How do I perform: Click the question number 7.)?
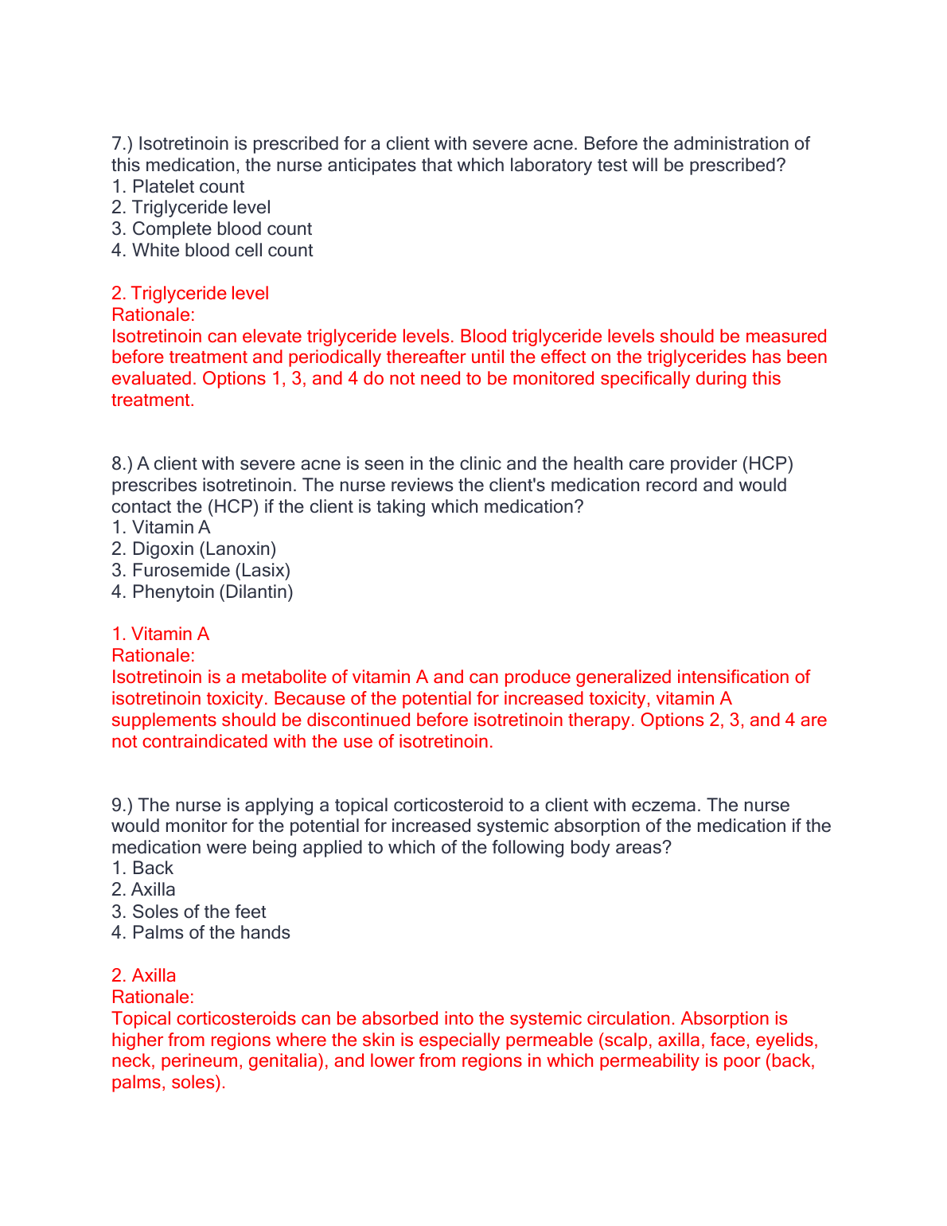(x=123, y=144)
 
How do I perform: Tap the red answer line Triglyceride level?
(x=190, y=294)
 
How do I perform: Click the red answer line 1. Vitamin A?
(x=161, y=634)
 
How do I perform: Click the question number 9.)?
(x=123, y=806)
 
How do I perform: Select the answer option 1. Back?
(x=143, y=869)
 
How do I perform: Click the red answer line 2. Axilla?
(x=144, y=976)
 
